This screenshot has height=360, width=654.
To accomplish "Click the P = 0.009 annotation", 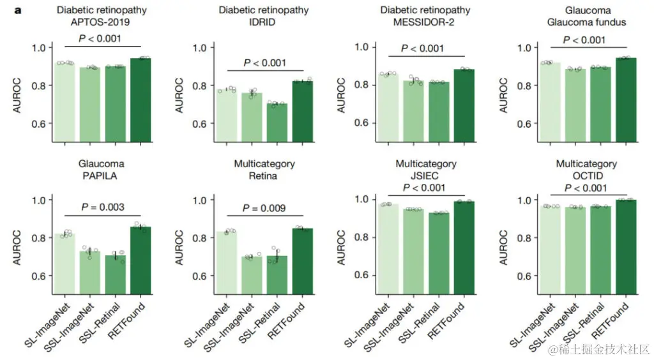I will (263, 208).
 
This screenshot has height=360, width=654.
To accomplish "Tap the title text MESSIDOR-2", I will (425, 22).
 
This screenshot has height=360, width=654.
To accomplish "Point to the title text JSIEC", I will (425, 176).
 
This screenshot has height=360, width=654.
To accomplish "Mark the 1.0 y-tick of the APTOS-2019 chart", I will (40, 48).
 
